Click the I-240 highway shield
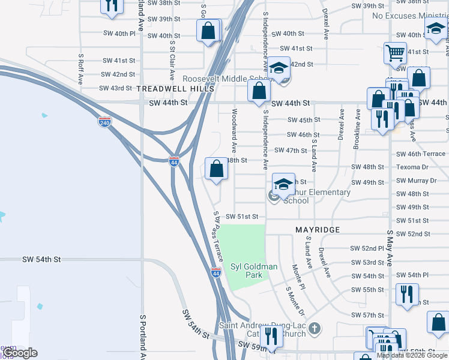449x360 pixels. tap(104, 122)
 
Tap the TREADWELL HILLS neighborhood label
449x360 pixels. tap(175, 89)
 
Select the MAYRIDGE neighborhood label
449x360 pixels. tap(318, 230)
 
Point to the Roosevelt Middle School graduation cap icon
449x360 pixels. tap(279, 69)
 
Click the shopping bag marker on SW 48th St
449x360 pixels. tap(217, 168)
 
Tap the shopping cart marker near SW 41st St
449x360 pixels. tap(394, 53)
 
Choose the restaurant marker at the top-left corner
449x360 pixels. tap(112, 6)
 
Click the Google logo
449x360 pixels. tap(20, 353)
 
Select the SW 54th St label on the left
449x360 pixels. tap(41, 259)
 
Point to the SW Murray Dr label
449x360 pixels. tap(415, 181)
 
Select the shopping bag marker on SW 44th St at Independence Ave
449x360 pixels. tap(259, 91)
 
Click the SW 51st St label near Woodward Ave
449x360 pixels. tap(241, 217)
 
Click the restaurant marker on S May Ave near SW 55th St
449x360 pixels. tap(407, 295)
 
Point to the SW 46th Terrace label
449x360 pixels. tap(420, 154)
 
